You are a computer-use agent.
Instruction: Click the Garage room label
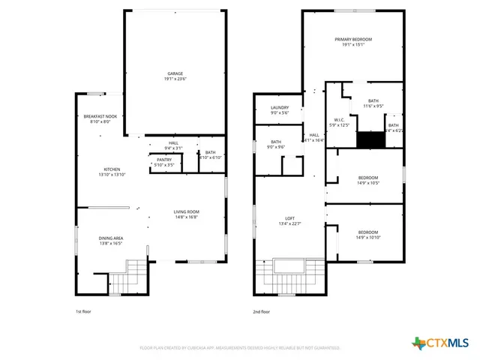click(175, 76)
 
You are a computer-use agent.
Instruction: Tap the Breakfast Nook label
click(100, 118)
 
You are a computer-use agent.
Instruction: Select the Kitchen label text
click(112, 172)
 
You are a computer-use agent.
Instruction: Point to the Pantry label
click(164, 161)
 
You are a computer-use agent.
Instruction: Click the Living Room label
click(186, 214)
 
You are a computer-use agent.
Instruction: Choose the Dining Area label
click(110, 241)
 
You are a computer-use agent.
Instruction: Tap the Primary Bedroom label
click(352, 42)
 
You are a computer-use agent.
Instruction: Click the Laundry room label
click(279, 110)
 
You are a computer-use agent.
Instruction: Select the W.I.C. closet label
click(339, 122)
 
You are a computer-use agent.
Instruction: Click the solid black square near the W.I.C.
click(368, 140)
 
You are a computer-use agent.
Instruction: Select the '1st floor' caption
click(83, 312)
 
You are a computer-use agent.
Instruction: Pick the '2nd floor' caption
click(262, 312)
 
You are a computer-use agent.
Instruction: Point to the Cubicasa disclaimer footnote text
click(240, 348)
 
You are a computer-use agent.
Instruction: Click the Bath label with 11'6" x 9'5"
click(373, 103)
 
